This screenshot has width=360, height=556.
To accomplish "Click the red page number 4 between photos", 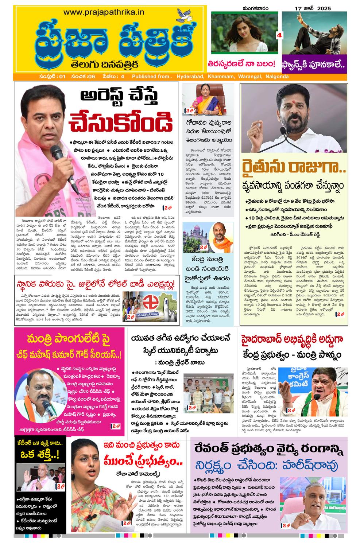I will [280, 35].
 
